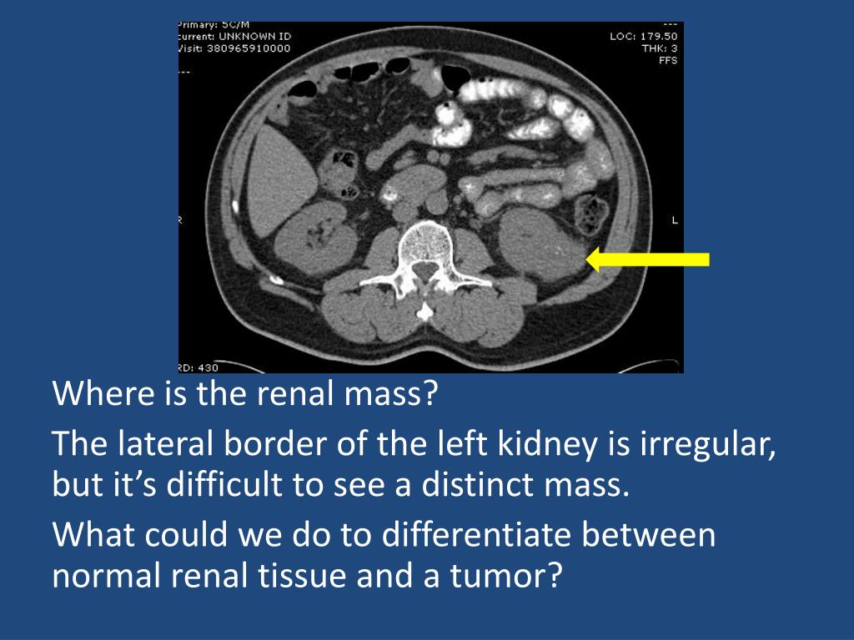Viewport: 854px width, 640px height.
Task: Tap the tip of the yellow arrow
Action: tap(589, 259)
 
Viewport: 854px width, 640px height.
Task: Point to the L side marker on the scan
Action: tap(674, 220)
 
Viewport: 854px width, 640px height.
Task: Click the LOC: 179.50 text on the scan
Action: tap(644, 37)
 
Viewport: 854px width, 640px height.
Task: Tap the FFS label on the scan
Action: tap(668, 60)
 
